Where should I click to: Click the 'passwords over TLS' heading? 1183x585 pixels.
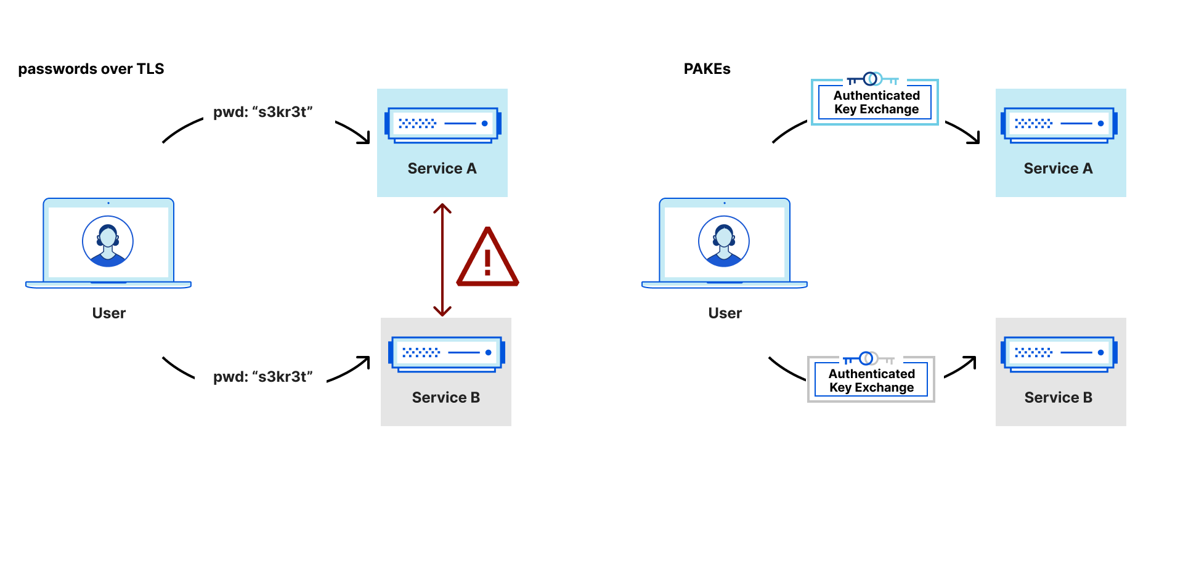91,69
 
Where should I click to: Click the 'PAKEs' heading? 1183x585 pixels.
707,69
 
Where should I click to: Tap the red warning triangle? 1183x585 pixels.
487,259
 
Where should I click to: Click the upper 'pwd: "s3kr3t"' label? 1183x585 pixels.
263,112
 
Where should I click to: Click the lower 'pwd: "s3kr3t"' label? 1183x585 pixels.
263,377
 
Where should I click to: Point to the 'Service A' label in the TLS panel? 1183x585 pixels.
442,169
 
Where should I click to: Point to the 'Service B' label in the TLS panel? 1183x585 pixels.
445,398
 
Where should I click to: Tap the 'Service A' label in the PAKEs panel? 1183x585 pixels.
1058,169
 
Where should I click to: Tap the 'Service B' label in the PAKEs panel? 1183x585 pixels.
1058,398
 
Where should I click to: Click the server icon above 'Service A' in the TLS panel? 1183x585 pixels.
442,125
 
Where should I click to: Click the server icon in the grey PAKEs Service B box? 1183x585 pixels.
1059,354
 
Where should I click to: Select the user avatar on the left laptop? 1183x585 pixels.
108,241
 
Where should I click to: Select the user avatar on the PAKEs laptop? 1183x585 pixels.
724,241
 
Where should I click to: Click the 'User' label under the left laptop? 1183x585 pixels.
109,313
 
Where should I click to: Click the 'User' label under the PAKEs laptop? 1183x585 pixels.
725,313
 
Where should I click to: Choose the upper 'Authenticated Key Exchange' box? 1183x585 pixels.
876,103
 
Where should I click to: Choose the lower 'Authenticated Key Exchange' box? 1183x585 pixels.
871,381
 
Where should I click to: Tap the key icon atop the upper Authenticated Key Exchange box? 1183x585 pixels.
872,79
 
